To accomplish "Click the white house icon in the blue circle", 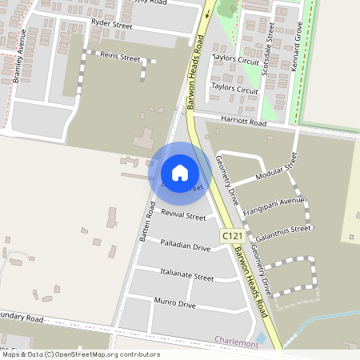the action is point(180,173).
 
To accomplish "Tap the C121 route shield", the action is point(231,236).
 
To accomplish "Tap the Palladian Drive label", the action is point(185,246).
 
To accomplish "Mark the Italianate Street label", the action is point(187,276).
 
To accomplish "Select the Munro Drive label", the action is point(174,304).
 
